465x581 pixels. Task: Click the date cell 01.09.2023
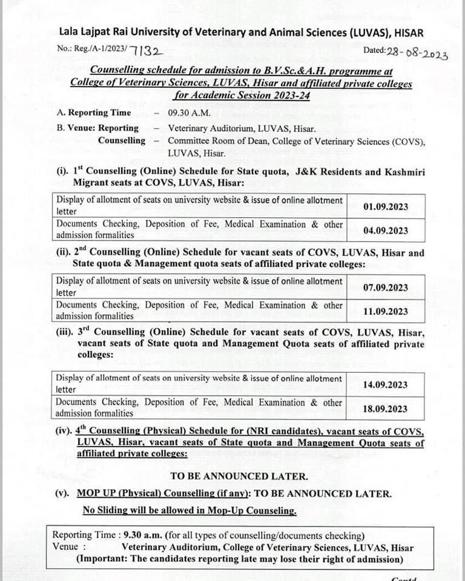(x=386, y=206)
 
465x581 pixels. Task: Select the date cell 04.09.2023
(x=386, y=231)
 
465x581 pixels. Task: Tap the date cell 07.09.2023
(x=386, y=287)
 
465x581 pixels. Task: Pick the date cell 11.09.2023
(x=386, y=312)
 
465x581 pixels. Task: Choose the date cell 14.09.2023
(x=386, y=384)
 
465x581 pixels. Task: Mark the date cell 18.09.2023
(x=386, y=409)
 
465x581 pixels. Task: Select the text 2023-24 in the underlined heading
(x=291, y=95)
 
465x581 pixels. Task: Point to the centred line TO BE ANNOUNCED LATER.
(x=239, y=476)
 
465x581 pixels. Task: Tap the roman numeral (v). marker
(x=63, y=493)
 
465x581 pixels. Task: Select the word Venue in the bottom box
(x=65, y=547)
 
